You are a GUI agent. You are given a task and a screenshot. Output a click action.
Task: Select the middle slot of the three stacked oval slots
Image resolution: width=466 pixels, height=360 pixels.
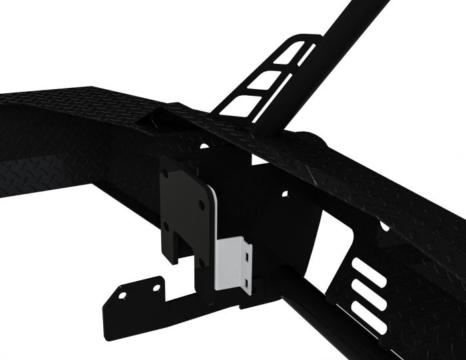pos(370,292)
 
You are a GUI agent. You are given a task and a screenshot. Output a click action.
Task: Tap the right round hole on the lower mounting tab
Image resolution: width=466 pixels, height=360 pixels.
pos(157,287)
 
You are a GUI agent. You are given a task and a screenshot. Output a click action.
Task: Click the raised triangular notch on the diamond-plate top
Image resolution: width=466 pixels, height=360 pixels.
pos(152,120)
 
